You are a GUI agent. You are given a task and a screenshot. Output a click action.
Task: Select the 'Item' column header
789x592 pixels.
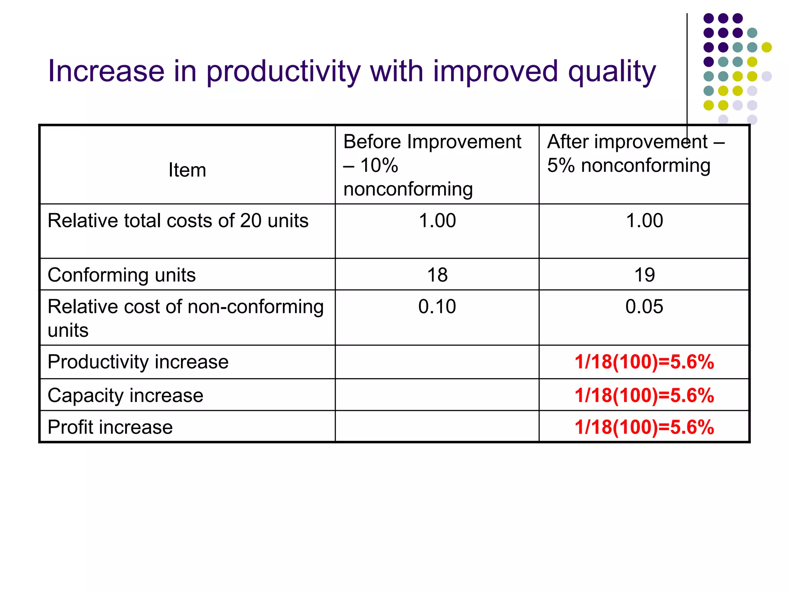point(187,170)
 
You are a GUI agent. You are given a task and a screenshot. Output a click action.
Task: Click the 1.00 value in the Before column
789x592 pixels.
point(437,221)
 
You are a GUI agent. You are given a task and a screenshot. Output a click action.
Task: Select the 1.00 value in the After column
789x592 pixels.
point(644,221)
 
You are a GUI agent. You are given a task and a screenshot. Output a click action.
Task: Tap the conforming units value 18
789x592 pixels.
point(437,275)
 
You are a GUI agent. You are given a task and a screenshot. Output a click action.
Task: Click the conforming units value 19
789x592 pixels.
point(644,275)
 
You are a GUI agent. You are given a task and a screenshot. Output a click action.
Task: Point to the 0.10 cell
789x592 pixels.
point(437,307)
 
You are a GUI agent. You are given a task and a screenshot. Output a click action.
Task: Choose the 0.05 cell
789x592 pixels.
point(644,307)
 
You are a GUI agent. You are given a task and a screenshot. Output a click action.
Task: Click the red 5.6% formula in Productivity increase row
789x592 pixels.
point(644,362)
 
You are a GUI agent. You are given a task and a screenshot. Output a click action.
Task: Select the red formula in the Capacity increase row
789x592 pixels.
point(644,395)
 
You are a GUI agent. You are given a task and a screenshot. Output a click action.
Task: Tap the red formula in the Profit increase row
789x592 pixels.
point(644,427)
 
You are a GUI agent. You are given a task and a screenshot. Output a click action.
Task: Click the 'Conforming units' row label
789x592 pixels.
point(121,275)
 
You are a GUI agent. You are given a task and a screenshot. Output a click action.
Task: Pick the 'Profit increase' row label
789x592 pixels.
point(110,427)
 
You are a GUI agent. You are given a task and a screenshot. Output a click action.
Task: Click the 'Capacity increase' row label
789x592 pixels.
point(125,395)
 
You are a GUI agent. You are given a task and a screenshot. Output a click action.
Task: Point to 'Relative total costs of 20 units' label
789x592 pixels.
point(178,221)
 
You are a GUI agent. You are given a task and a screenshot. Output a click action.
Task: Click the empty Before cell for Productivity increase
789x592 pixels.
point(437,362)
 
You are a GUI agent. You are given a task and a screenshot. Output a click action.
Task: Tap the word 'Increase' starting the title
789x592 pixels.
point(106,72)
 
